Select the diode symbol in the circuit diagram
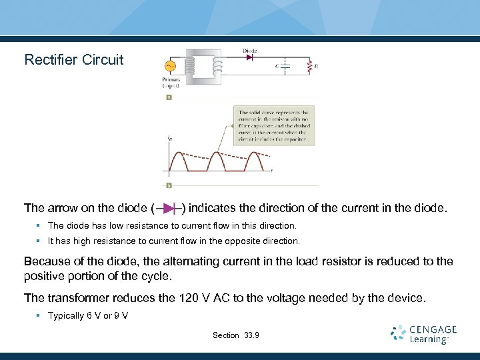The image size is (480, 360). click(250, 57)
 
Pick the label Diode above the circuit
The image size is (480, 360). click(250, 51)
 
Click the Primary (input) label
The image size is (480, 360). click(171, 83)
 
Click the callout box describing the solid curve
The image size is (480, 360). click(273, 125)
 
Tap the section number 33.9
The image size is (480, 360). click(252, 335)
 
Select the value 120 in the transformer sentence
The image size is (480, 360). click(190, 297)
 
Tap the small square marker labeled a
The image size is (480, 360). click(169, 97)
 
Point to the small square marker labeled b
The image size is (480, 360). click(169, 185)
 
